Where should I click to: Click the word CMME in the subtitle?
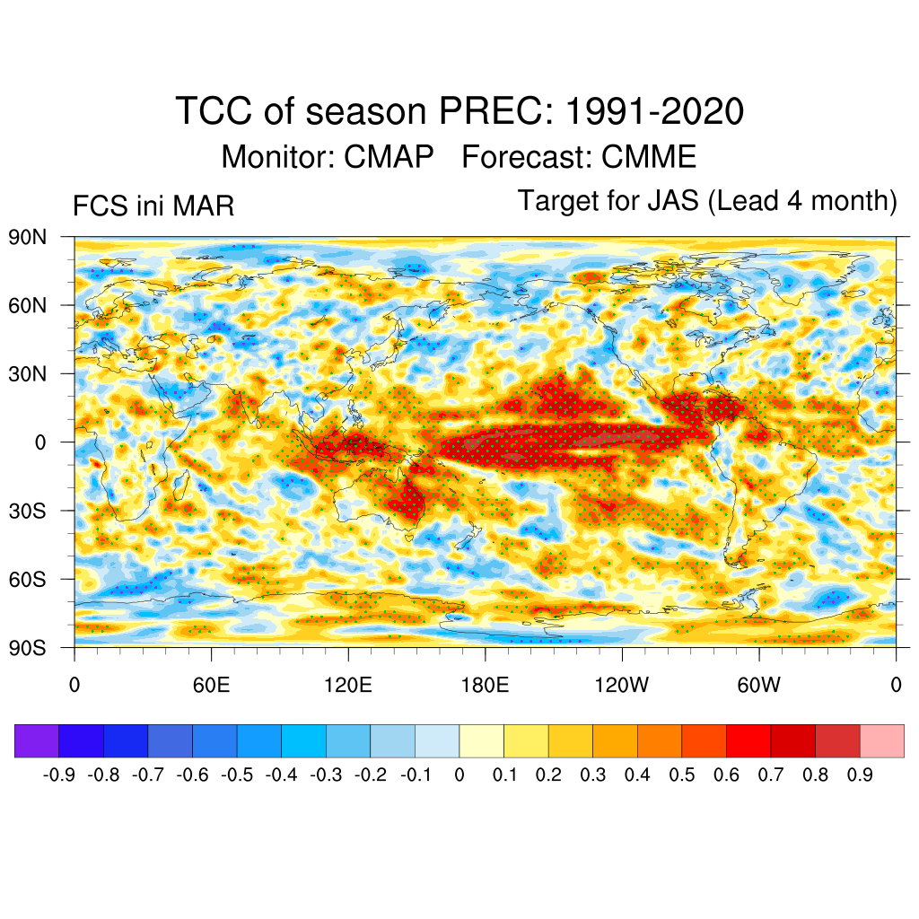(649, 157)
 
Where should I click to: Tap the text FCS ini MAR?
(153, 206)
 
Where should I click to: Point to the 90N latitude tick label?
(28, 237)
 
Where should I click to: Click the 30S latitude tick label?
(28, 511)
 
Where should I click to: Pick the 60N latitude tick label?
(28, 305)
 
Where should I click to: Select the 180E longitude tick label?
(485, 687)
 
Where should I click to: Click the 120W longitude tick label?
(622, 687)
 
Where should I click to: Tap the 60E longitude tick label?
(212, 687)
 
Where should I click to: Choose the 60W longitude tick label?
(758, 687)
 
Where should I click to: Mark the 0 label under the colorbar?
(459, 775)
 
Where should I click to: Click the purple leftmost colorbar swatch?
(37, 740)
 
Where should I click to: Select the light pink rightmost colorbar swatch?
(881, 740)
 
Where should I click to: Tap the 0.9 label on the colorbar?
(861, 775)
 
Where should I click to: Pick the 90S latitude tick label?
(28, 647)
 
